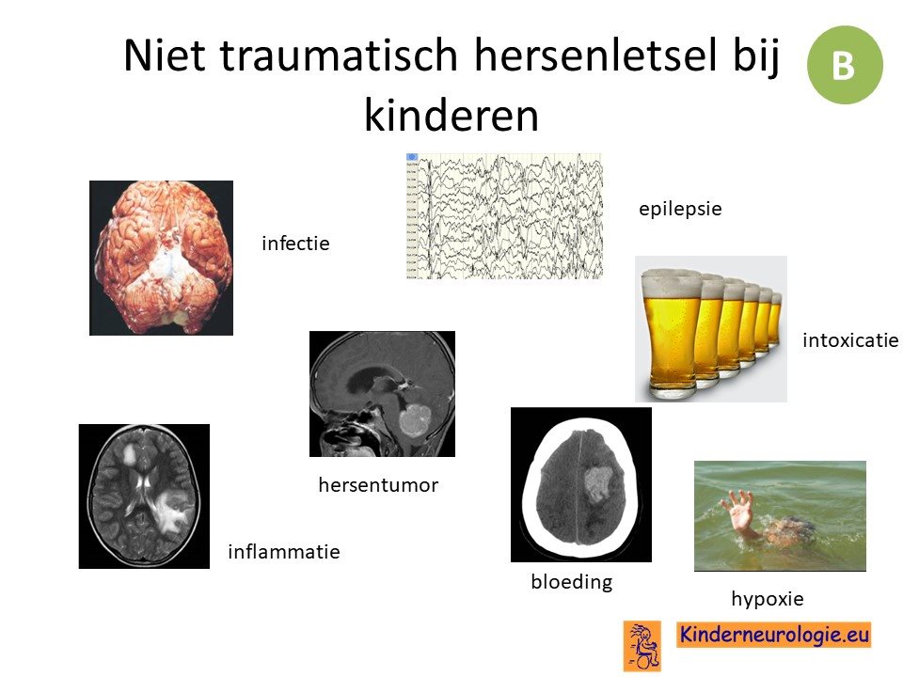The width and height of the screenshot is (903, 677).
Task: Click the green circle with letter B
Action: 845,65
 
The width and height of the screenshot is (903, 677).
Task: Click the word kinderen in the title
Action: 451,116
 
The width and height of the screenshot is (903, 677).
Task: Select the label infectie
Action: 295,244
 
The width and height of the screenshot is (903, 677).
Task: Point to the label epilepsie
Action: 680,210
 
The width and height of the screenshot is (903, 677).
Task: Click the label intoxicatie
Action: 850,340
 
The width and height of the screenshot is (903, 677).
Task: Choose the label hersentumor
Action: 378,485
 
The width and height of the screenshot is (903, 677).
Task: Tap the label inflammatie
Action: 284,552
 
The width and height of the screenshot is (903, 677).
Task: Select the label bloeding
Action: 572,582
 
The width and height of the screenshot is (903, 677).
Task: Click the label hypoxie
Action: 768,599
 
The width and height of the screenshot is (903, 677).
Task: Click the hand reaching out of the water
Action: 737,510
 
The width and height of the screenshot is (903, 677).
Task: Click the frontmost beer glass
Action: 672,335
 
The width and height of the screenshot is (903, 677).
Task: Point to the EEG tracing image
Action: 504,216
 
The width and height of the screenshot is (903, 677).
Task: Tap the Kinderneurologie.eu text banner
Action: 773,635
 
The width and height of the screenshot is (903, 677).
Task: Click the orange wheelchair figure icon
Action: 642,646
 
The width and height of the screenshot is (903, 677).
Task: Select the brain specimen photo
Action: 161,258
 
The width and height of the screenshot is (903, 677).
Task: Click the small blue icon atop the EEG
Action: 412,157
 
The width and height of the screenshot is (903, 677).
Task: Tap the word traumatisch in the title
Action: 339,55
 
